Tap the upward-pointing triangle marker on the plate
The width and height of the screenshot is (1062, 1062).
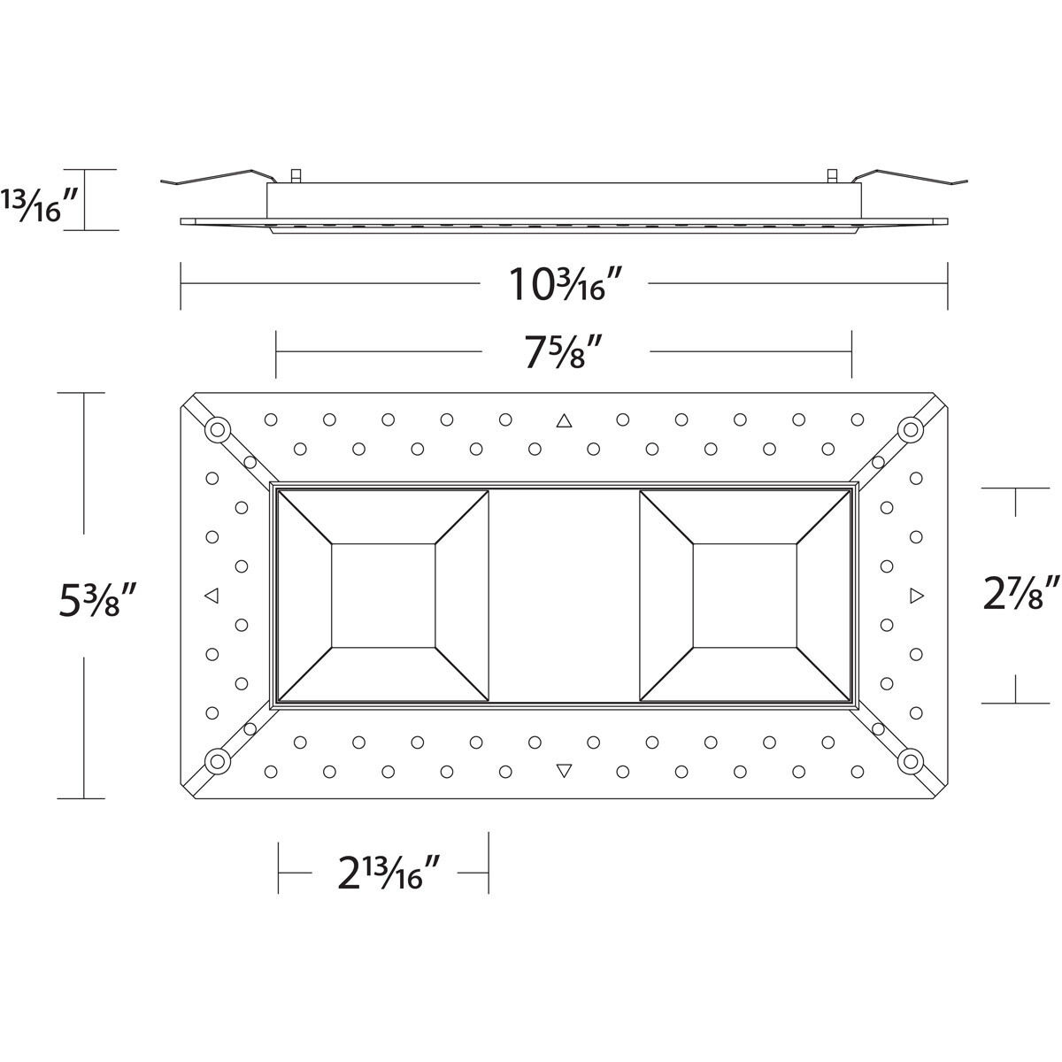tap(564, 420)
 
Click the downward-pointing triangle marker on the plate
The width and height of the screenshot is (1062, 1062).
tap(564, 771)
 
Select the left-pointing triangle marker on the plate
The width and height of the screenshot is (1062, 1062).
tap(211, 596)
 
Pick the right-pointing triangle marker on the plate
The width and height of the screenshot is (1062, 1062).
tap(916, 596)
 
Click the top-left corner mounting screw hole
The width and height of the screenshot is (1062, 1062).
tap(217, 431)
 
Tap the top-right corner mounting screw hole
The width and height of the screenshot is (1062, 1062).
tap(910, 430)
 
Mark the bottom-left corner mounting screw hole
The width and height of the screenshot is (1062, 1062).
tap(217, 760)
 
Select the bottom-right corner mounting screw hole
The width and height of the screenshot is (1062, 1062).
tap(910, 760)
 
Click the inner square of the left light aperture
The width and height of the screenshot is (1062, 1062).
tap(383, 596)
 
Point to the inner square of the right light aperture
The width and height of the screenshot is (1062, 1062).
tap(744, 596)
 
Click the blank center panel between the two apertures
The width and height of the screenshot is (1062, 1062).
tap(564, 596)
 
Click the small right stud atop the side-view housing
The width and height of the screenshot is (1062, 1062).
tap(831, 175)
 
